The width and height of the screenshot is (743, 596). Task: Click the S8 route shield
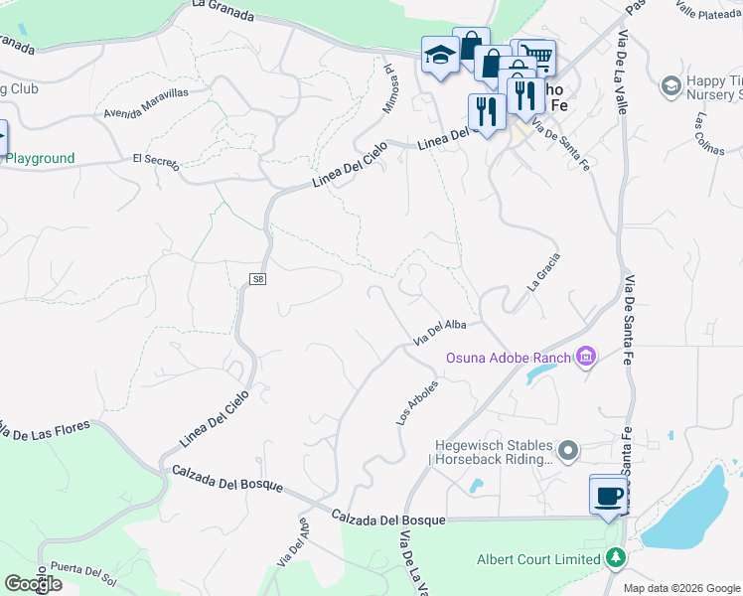(x=257, y=280)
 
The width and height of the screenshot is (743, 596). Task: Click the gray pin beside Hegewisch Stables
(x=568, y=452)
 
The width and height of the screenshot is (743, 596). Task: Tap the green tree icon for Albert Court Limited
(x=616, y=558)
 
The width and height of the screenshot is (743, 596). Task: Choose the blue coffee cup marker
(x=608, y=496)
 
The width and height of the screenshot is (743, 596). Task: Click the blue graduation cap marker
(x=438, y=56)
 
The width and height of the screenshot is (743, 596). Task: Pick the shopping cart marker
(x=535, y=57)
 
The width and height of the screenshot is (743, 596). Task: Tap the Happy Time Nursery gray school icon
(x=671, y=86)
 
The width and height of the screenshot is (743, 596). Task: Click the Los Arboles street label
(x=417, y=402)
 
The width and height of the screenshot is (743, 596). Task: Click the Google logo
(x=33, y=584)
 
